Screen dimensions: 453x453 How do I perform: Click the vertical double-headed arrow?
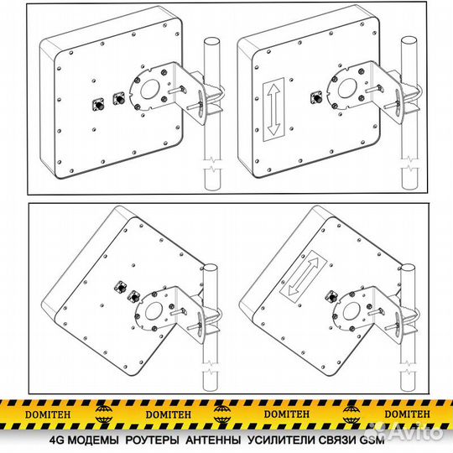pyautogui.click(x=273, y=110)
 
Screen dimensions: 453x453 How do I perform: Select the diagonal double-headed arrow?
pyautogui.click(x=304, y=276)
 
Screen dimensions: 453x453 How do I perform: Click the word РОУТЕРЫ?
pyautogui.click(x=152, y=440)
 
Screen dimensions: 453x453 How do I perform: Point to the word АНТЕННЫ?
pyautogui.click(x=213, y=440)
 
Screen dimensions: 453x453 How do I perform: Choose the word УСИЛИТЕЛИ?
pyautogui.click(x=281, y=440)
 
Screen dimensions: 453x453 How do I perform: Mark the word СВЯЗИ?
pyautogui.click(x=337, y=440)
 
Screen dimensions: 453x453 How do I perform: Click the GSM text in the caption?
pyautogui.click(x=372, y=440)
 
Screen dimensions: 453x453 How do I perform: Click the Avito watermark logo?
pyautogui.click(x=415, y=431)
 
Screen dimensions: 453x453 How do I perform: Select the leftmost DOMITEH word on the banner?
pyautogui.click(x=48, y=414)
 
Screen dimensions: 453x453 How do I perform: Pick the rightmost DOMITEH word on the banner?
pyautogui.click(x=407, y=414)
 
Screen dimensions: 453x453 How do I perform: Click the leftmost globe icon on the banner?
pyautogui.click(x=104, y=414)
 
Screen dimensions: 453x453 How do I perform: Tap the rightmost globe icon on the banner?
pyautogui.click(x=351, y=414)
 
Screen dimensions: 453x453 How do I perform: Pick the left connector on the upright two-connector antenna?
pyautogui.click(x=98, y=104)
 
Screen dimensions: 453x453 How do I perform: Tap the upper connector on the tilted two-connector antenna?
pyautogui.click(x=119, y=287)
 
